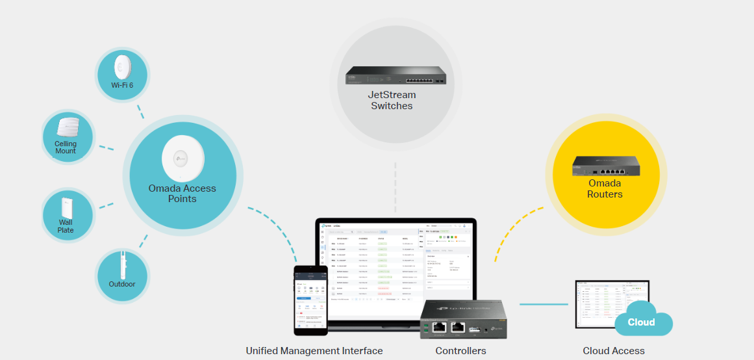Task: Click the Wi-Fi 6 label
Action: pyautogui.click(x=122, y=85)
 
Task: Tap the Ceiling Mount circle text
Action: pyautogui.click(x=66, y=148)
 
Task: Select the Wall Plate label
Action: pyautogui.click(x=66, y=226)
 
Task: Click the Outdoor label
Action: pyautogui.click(x=122, y=284)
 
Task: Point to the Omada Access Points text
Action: pyautogui.click(x=182, y=194)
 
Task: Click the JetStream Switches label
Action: pyautogui.click(x=392, y=101)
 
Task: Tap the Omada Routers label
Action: pyautogui.click(x=605, y=188)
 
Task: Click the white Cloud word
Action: pyautogui.click(x=641, y=322)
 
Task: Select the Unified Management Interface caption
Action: pyautogui.click(x=314, y=351)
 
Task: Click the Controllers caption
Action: pyautogui.click(x=460, y=351)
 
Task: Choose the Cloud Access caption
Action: pyautogui.click(x=614, y=351)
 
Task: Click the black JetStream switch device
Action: pyautogui.click(x=396, y=76)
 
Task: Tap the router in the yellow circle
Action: pyautogui.click(x=605, y=166)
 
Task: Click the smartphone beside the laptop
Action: pyautogui.click(x=310, y=300)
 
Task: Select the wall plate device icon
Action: pyautogui.click(x=66, y=208)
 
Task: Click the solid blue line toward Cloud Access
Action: pyautogui.click(x=544, y=304)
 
